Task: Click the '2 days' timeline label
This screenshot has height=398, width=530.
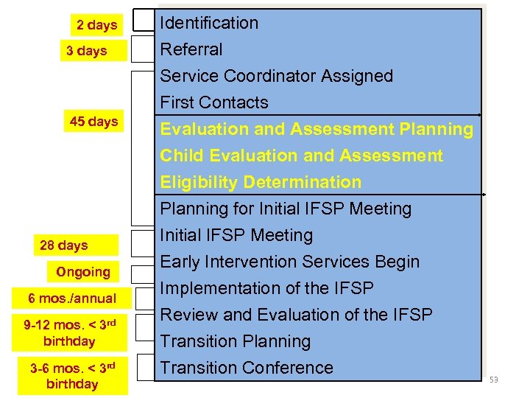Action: point(97,25)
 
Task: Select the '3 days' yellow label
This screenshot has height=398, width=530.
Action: point(87,51)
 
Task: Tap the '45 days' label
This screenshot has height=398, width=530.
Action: point(93,122)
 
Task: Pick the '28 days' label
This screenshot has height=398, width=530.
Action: point(64,245)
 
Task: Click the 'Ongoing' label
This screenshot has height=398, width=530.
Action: point(83,272)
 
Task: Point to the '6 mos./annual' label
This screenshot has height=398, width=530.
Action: point(72,298)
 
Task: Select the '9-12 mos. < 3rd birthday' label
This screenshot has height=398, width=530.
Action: point(69,332)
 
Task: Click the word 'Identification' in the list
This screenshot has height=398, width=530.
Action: point(210,23)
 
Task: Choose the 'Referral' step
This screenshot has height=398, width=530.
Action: point(191,49)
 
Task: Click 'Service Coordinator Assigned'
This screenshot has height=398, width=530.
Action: point(277,76)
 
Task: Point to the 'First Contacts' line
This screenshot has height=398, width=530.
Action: point(214,102)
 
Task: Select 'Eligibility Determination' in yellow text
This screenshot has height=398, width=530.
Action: point(261,182)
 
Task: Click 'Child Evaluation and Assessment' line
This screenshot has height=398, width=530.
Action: point(302,156)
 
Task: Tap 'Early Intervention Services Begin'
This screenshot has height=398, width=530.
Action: point(290,262)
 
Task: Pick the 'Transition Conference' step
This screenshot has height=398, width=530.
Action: point(247,368)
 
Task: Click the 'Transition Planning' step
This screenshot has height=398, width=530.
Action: point(236,341)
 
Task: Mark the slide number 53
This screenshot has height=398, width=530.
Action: point(493,380)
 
